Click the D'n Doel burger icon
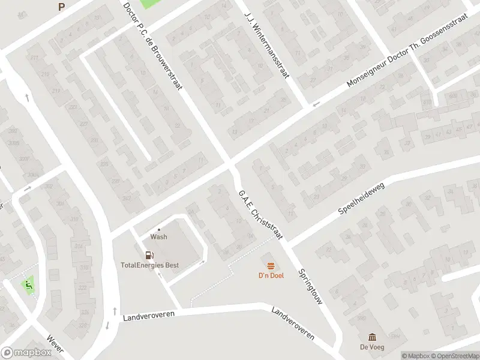(271, 266)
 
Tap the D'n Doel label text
(271, 275)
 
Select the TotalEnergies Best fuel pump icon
(149, 255)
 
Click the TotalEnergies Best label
(149, 265)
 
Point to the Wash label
(159, 236)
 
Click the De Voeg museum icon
(372, 337)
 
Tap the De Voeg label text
(372, 347)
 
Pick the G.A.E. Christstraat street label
(260, 215)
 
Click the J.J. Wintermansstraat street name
(268, 44)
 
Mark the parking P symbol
(61, 7)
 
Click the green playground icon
(27, 284)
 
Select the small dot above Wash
(159, 229)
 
